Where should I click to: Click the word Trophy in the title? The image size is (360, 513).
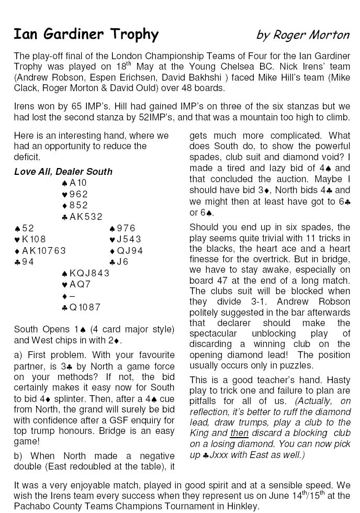[x=133, y=35]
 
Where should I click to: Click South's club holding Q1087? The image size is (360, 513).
[x=81, y=307]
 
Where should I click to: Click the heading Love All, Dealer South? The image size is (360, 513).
[x=63, y=172]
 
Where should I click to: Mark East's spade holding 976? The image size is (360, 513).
[x=123, y=228]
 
